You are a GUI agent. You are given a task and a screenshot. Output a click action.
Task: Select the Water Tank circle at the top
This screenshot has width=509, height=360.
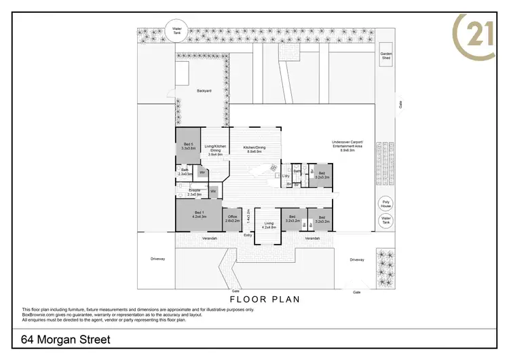(x=177, y=30)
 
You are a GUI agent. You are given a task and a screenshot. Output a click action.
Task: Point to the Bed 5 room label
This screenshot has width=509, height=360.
(x=189, y=145)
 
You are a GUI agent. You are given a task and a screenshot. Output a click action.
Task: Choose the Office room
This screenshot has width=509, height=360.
(x=232, y=219)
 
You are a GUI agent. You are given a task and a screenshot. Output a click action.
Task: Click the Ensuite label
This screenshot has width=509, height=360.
(x=194, y=193)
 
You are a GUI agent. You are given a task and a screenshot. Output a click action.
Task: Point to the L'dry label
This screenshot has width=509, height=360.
(x=286, y=177)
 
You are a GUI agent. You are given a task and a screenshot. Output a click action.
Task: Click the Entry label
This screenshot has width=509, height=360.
(x=248, y=235)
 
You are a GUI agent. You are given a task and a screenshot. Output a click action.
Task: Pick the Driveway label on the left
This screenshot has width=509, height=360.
(x=158, y=259)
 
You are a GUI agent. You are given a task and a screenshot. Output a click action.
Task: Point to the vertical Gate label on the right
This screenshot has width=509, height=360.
(x=400, y=105)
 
